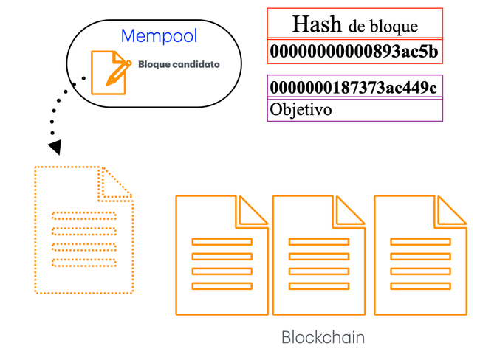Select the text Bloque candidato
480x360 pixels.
pos(179,65)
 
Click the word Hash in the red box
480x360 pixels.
pos(317,24)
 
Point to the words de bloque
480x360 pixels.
pos(383,27)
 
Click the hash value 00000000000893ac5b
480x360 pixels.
pos(354,52)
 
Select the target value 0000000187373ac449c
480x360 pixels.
pos(354,88)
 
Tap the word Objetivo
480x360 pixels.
pos(301,110)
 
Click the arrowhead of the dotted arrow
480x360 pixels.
pos(54,148)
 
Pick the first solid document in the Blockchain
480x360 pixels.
pos(222,255)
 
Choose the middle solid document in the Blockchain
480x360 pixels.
pos(319,255)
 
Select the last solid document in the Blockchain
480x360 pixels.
pos(420,255)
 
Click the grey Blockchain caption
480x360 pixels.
pos(323,338)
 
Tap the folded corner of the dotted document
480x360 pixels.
pos(116,183)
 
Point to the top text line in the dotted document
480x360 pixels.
pos(83,216)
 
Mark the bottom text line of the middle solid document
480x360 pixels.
pos(319,285)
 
